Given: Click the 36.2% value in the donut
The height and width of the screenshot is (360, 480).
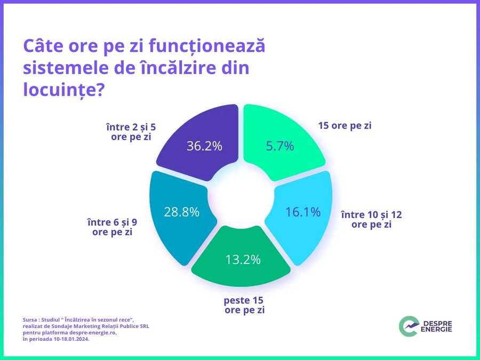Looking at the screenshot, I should [x=204, y=146].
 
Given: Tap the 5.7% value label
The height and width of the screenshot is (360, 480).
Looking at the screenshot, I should [x=280, y=146].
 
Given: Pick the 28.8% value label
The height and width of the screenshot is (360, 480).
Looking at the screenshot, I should [x=181, y=212].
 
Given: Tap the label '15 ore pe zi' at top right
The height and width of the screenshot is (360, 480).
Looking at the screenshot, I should [x=345, y=126].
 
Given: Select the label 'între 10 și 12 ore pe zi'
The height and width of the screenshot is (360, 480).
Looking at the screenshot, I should [x=371, y=219].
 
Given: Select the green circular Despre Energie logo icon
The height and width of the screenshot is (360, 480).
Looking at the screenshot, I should [x=408, y=326].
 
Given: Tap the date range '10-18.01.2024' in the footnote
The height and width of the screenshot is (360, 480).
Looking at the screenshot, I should [x=70, y=339].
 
